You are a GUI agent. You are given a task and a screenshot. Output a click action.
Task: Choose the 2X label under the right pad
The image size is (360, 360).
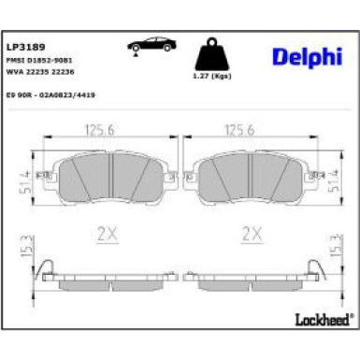coord(250,233)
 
